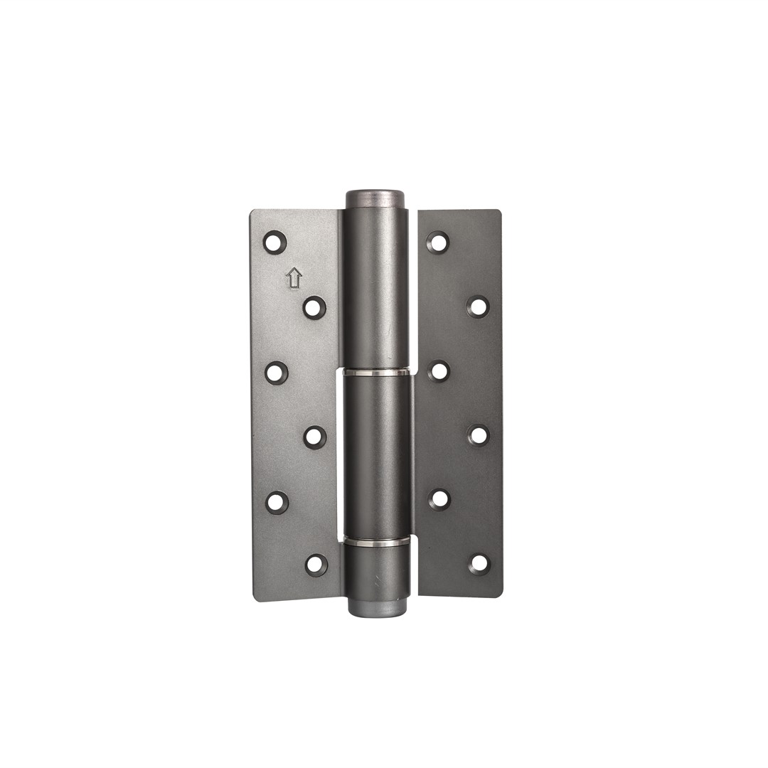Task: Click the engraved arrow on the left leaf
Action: click(294, 277)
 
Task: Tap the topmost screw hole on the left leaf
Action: click(274, 242)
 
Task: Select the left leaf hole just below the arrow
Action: click(314, 307)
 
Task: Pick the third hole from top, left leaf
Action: click(277, 373)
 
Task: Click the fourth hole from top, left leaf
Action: click(315, 437)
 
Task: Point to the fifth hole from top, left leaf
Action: click(277, 502)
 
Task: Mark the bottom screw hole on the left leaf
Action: click(316, 565)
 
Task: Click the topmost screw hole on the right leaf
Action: click(438, 242)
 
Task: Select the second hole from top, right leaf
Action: click(478, 306)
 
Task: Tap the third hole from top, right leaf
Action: click(439, 370)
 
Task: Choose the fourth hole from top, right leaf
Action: click(478, 434)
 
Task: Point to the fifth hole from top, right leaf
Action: click(440, 499)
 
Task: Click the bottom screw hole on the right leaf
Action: click(479, 563)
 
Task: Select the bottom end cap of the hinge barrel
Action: click(377, 607)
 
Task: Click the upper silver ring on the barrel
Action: click(377, 372)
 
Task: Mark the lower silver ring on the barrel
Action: click(377, 542)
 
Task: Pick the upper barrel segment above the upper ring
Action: click(377, 284)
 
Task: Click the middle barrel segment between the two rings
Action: click(377, 455)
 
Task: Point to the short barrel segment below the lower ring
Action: click(377, 572)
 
